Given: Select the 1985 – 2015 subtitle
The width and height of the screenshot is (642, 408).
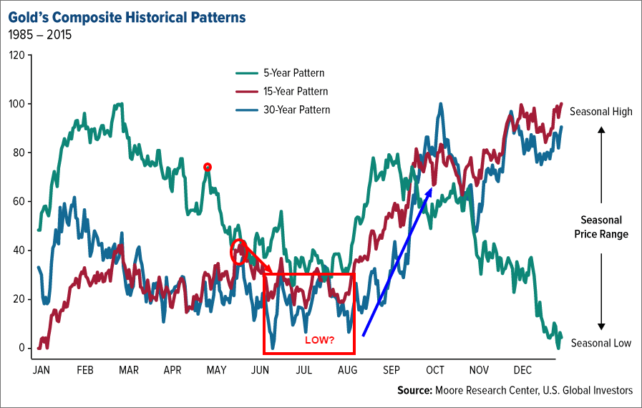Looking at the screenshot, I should (41, 34).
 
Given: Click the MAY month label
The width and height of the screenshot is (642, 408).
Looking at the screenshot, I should (217, 369).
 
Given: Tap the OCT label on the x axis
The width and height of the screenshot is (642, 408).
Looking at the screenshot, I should (435, 369).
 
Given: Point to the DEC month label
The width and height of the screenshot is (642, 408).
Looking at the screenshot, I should (522, 369).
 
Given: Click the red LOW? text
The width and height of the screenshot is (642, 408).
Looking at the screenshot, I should (320, 340).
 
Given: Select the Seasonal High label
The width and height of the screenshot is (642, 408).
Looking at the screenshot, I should (600, 112).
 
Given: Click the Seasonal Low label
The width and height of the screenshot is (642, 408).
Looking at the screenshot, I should (600, 343).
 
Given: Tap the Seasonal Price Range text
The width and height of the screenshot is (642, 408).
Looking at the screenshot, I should (600, 227).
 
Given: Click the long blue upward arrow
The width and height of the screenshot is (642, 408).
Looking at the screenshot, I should (397, 261).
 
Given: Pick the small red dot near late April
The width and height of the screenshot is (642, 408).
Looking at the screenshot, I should (208, 167).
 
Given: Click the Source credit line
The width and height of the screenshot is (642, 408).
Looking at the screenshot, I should (515, 390).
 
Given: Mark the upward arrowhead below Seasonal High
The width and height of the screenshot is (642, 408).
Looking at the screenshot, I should (601, 130).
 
